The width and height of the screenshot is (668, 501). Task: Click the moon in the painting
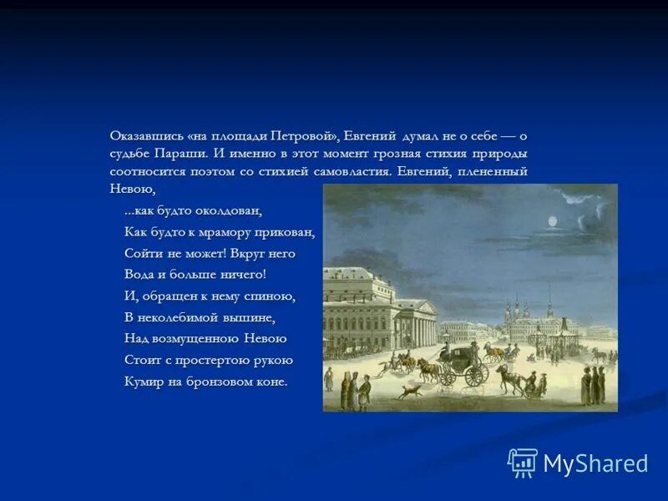coord(551,220)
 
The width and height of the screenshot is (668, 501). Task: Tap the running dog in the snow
coord(408,391)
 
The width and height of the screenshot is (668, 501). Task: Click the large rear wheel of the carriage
coord(476,375)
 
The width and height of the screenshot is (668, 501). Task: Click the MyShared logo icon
coord(523,463)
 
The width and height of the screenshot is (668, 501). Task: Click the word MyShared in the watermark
coord(595,463)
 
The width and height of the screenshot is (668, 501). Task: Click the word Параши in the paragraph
coord(180,153)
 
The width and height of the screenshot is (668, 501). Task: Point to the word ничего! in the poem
coord(243,274)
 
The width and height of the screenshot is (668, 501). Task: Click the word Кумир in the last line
coord(142,382)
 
